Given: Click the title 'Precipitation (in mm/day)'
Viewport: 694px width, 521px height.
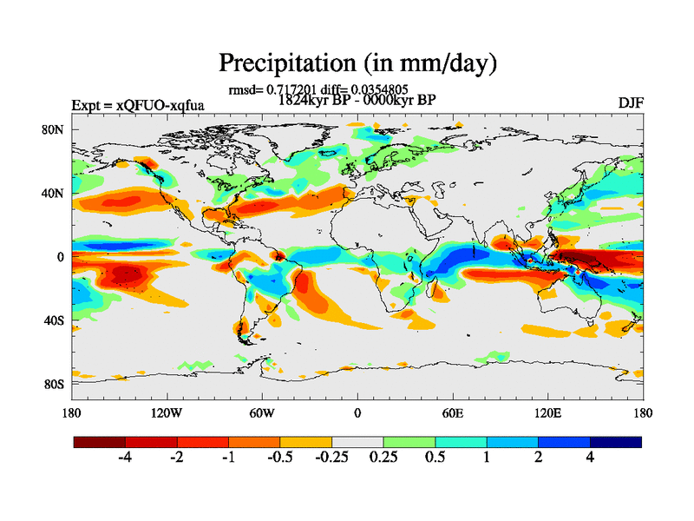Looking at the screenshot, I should [357, 63].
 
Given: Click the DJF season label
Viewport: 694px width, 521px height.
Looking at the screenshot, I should [631, 103].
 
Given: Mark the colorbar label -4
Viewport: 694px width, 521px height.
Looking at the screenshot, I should [125, 458].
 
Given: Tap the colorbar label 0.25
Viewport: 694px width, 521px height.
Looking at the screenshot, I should [383, 458].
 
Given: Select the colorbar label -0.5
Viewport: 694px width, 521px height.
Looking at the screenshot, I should [280, 458].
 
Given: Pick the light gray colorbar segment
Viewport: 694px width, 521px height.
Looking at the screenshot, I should [357, 442].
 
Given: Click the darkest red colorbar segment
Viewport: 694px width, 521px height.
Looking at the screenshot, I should [100, 442].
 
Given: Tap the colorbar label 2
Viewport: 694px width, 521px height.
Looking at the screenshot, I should [539, 458].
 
